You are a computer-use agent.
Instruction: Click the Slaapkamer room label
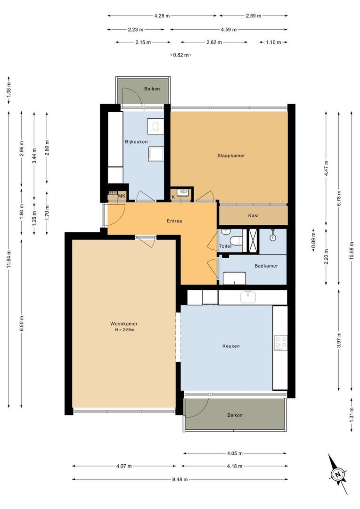(x=231, y=156)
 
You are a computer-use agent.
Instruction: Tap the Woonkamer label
(x=124, y=324)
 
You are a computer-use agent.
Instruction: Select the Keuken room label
(x=231, y=346)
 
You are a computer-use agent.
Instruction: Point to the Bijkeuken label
(x=136, y=142)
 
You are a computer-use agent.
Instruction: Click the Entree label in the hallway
(x=174, y=221)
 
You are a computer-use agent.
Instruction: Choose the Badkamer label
(x=266, y=266)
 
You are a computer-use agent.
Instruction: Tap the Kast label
(x=253, y=216)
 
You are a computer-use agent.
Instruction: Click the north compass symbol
(x=338, y=474)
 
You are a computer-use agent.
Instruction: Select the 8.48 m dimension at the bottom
(x=179, y=479)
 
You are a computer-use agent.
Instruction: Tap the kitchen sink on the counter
(x=247, y=297)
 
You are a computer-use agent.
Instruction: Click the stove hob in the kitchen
(x=281, y=343)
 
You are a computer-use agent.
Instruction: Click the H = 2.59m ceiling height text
(x=124, y=330)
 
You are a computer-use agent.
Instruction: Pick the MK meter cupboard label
(x=122, y=196)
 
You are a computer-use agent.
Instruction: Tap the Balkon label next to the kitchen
(x=235, y=415)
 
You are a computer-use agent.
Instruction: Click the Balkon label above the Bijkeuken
(x=152, y=89)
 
